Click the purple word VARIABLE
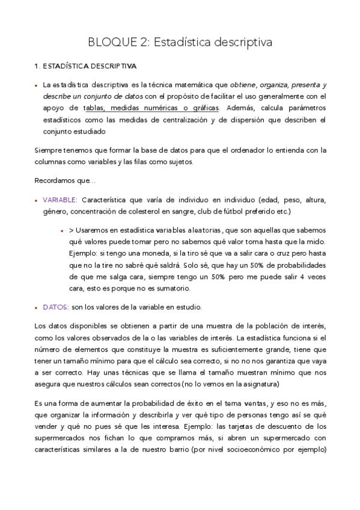point(59,199)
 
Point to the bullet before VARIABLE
point(36,200)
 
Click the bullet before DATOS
point(36,307)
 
